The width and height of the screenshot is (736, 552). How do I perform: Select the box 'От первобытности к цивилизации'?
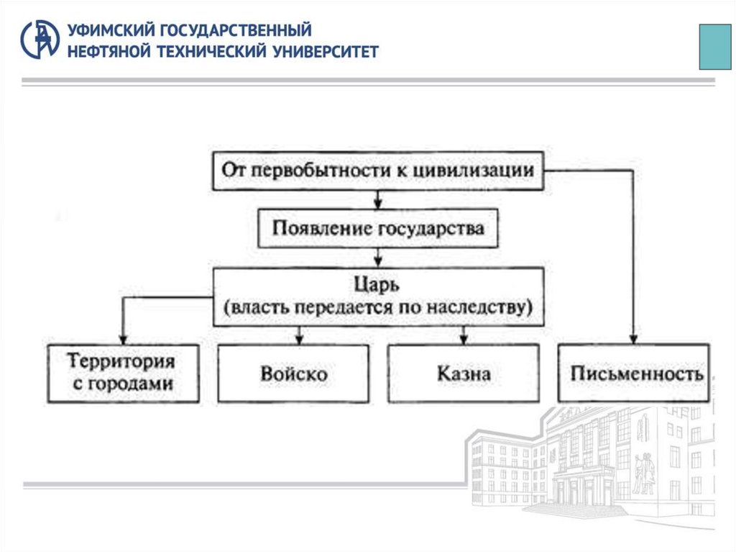pyautogui.click(x=378, y=171)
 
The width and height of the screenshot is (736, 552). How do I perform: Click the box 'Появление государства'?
pyautogui.click(x=378, y=229)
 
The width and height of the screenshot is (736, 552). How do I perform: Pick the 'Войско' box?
pyautogui.click(x=293, y=374)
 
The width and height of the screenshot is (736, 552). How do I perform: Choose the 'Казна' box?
pyautogui.click(x=464, y=374)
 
